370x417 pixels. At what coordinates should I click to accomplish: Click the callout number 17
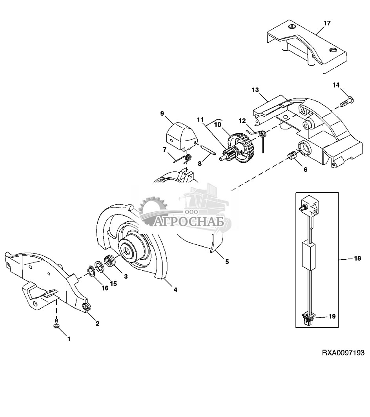click(327, 23)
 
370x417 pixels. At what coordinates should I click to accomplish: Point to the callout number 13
click(255, 90)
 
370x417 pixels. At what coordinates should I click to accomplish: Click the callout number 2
click(98, 323)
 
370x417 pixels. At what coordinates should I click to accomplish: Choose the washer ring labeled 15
click(100, 266)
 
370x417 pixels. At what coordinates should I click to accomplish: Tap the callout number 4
click(175, 290)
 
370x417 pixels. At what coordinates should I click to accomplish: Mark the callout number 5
click(227, 262)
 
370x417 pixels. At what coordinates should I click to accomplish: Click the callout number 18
click(358, 258)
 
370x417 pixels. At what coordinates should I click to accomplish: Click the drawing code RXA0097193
click(343, 353)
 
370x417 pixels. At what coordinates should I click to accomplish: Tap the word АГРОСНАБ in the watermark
click(189, 222)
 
